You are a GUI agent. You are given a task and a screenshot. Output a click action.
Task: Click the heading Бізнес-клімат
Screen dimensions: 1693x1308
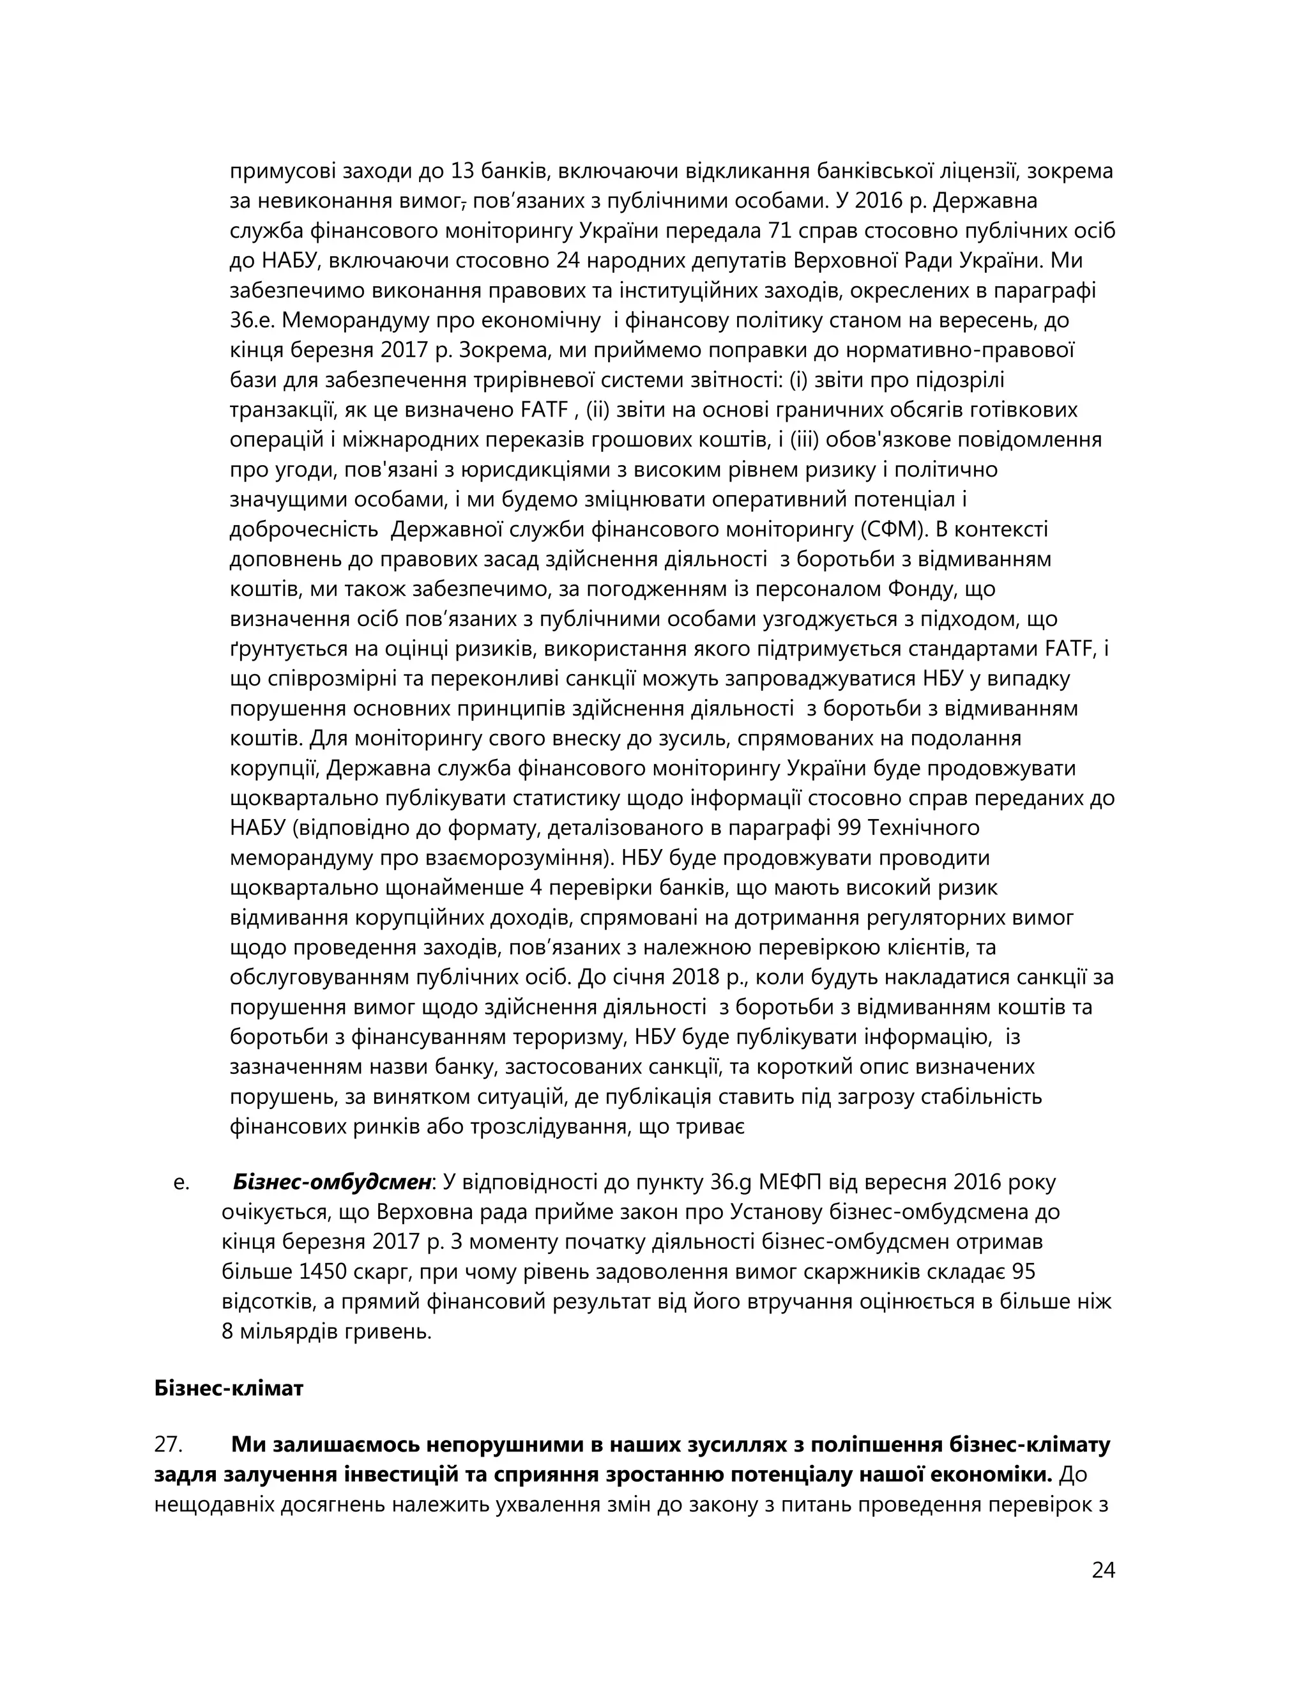229,1388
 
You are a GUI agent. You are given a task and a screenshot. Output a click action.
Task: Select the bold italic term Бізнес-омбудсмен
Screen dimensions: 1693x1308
332,1182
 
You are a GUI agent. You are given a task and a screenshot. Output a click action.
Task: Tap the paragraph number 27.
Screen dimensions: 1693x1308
168,1445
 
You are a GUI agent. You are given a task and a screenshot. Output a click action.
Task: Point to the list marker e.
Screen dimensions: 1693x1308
181,1183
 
